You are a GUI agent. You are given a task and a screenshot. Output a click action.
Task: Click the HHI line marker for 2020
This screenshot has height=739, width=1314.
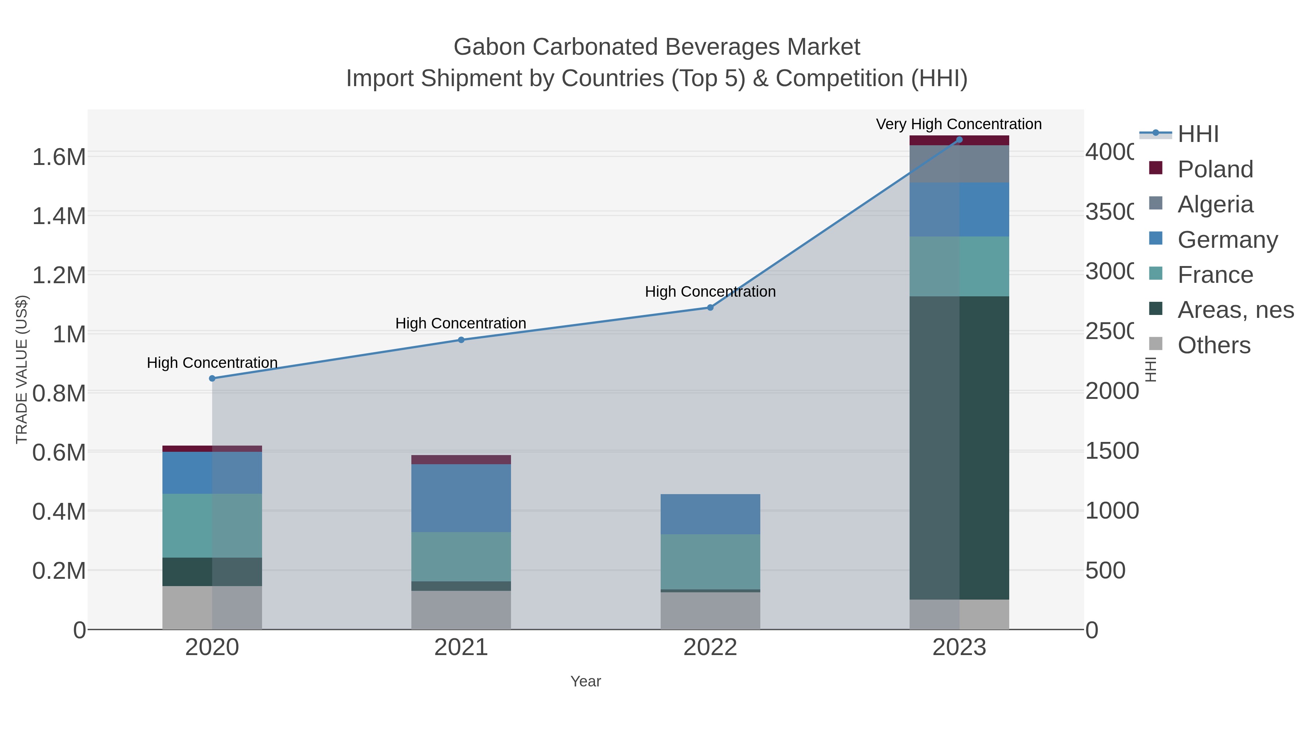[x=212, y=378]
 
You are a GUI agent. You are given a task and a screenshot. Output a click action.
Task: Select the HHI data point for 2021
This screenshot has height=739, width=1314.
[x=461, y=340]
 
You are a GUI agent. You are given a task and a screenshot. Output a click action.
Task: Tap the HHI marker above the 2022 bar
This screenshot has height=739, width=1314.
[x=710, y=308]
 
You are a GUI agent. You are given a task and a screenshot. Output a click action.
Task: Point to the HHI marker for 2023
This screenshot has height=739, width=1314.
[x=959, y=140]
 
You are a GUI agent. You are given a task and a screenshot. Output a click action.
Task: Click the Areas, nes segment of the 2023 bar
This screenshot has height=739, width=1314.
[x=959, y=448]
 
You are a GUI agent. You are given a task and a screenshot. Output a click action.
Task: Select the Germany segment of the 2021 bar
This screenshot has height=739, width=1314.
[x=461, y=498]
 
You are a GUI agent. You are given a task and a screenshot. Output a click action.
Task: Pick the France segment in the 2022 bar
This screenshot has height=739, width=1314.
[x=710, y=562]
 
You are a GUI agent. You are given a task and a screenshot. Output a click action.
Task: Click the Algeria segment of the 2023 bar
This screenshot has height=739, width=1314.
[x=959, y=164]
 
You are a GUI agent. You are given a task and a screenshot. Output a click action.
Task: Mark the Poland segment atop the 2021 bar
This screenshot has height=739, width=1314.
[x=461, y=459]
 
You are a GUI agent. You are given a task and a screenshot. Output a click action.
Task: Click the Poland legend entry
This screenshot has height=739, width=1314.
[x=1215, y=169]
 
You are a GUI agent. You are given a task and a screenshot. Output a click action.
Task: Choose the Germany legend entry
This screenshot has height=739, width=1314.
[x=1227, y=240]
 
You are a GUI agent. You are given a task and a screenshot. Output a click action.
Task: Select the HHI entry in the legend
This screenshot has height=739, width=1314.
[x=1198, y=134]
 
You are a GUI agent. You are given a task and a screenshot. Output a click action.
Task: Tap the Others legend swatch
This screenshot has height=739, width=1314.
[x=1155, y=344]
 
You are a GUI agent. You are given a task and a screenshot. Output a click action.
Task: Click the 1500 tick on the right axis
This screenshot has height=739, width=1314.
[x=1111, y=451]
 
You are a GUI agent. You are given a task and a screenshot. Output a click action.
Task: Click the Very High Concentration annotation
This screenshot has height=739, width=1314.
[x=958, y=124]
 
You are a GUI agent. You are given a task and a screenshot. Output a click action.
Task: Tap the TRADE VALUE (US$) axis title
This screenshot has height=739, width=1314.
[x=22, y=369]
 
